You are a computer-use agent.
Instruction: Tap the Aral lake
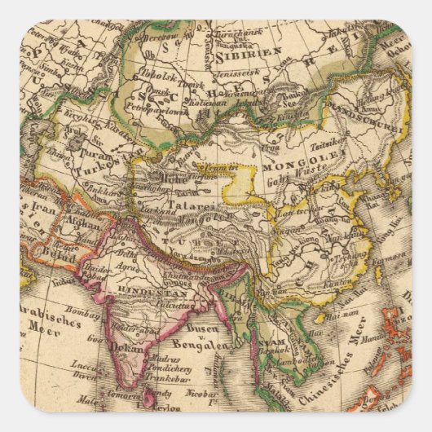click(x=77, y=133)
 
